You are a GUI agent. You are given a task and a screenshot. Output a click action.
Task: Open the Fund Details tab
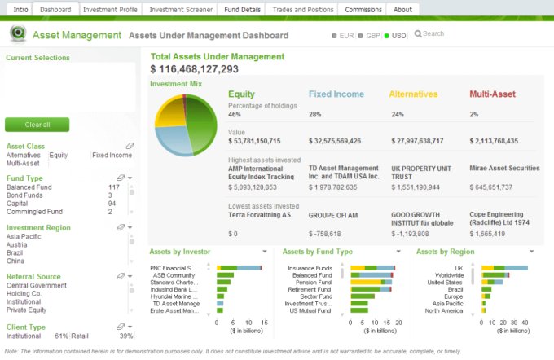click(244, 10)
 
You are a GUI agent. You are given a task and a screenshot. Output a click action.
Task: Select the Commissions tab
click(363, 10)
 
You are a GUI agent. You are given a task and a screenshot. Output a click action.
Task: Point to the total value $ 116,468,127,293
click(195, 70)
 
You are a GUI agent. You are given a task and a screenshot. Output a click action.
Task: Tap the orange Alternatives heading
click(413, 94)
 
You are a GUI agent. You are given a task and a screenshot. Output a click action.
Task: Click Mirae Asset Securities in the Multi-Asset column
click(504, 169)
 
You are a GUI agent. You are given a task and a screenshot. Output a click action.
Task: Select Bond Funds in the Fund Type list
click(24, 195)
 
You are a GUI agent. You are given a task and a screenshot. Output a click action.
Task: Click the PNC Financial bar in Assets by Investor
click(239, 267)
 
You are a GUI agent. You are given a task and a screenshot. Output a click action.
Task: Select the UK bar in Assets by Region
click(505, 267)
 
